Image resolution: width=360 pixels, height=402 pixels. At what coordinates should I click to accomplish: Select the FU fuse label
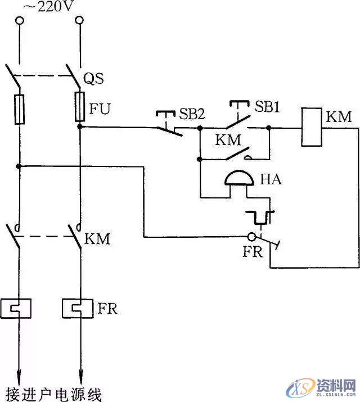pyautogui.click(x=101, y=107)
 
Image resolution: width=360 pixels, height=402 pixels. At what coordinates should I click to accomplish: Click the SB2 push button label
pyautogui.click(x=192, y=114)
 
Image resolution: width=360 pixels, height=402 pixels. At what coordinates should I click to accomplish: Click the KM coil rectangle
pyautogui.click(x=310, y=128)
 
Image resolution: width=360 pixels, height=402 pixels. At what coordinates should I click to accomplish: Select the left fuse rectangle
pyautogui.click(x=20, y=109)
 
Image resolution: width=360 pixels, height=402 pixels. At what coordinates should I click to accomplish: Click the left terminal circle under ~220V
pyautogui.click(x=20, y=21)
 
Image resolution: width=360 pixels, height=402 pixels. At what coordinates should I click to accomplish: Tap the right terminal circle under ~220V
pyautogui.click(x=80, y=21)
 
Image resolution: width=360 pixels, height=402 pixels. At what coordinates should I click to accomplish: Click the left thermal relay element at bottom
pyautogui.click(x=20, y=308)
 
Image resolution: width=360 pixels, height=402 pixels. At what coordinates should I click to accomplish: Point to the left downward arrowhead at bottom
pyautogui.click(x=20, y=373)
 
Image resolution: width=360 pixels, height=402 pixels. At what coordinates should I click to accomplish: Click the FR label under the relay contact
pyautogui.click(x=253, y=251)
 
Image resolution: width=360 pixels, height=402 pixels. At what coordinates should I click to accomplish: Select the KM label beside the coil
pyautogui.click(x=338, y=118)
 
